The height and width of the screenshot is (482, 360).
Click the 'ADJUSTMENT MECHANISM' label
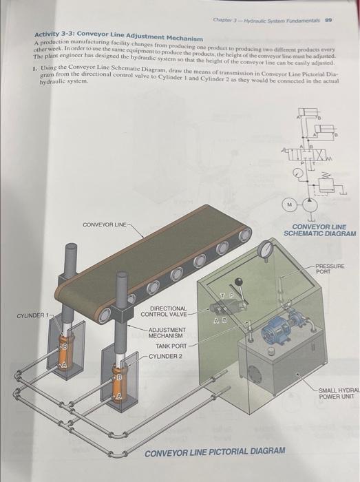point(167,333)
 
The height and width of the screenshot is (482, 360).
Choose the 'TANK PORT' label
point(171,346)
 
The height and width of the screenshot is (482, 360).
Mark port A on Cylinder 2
point(118,397)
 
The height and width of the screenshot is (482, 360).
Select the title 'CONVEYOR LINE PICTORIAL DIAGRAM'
point(214,450)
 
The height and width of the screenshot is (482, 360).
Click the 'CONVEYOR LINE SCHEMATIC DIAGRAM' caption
point(319,230)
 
